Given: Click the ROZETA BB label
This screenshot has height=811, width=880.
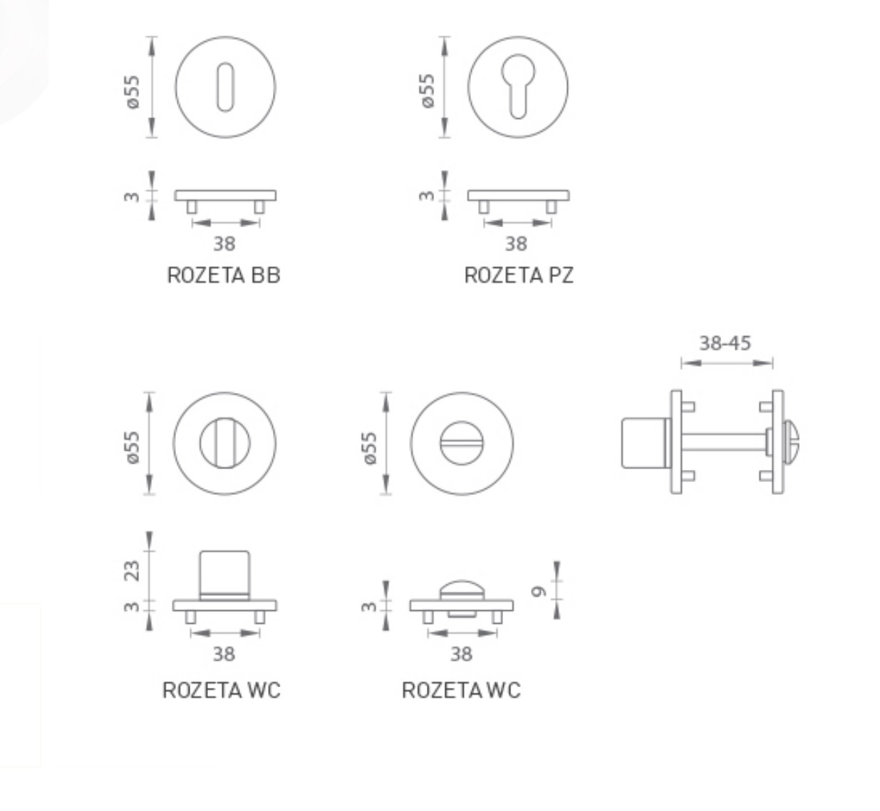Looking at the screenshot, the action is pos(224,276).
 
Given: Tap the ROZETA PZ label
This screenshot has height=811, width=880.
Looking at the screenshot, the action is pos(519,276).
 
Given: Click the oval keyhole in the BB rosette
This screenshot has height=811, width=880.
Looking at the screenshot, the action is pos(225,88).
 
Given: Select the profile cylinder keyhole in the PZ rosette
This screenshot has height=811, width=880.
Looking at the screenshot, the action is pos(518,86).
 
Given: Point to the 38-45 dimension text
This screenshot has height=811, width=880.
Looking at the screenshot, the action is pos(725,343).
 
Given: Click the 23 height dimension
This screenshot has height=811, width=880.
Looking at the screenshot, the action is pos(132,571).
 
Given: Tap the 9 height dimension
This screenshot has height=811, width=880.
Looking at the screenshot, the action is pos(539,592).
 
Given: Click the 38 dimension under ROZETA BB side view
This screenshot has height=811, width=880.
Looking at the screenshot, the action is pos(224,244).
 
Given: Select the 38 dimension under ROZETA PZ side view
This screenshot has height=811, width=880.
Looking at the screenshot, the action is pos(516,244).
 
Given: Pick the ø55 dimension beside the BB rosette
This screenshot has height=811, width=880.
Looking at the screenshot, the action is pos(132,92).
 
